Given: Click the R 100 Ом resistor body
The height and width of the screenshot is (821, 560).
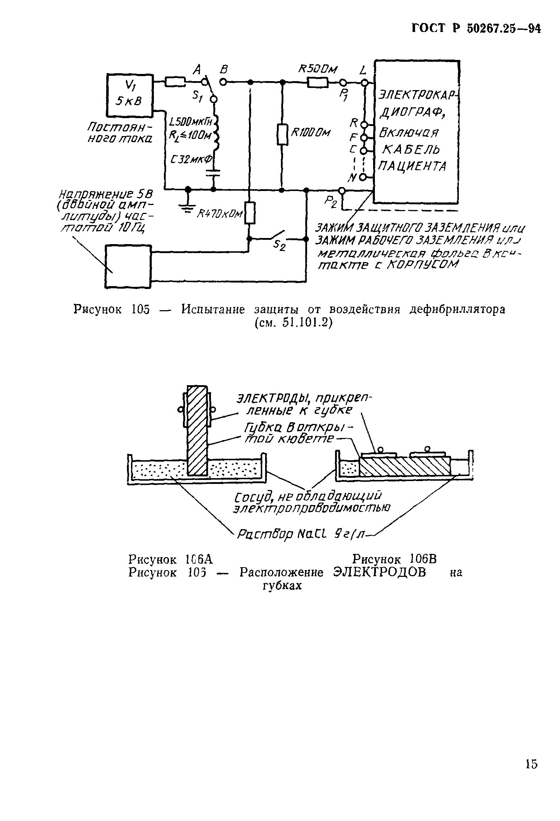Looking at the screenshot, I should pyautogui.click(x=283, y=135).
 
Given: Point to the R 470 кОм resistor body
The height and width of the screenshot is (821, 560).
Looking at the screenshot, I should pyautogui.click(x=250, y=213).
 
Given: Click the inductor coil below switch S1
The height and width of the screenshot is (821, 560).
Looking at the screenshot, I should pyautogui.click(x=216, y=133).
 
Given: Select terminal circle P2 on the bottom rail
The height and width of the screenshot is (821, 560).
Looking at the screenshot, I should pyautogui.click(x=342, y=190).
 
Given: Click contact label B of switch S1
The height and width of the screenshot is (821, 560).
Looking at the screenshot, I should pyautogui.click(x=225, y=69).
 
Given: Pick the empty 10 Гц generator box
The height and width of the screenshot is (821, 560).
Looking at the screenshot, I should pyautogui.click(x=128, y=266).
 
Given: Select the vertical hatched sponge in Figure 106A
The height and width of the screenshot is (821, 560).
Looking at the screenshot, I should pyautogui.click(x=197, y=431).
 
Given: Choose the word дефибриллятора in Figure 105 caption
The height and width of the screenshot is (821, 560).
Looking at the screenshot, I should pyautogui.click(x=457, y=309).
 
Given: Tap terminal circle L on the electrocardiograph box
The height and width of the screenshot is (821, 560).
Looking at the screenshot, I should pyautogui.click(x=364, y=83).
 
